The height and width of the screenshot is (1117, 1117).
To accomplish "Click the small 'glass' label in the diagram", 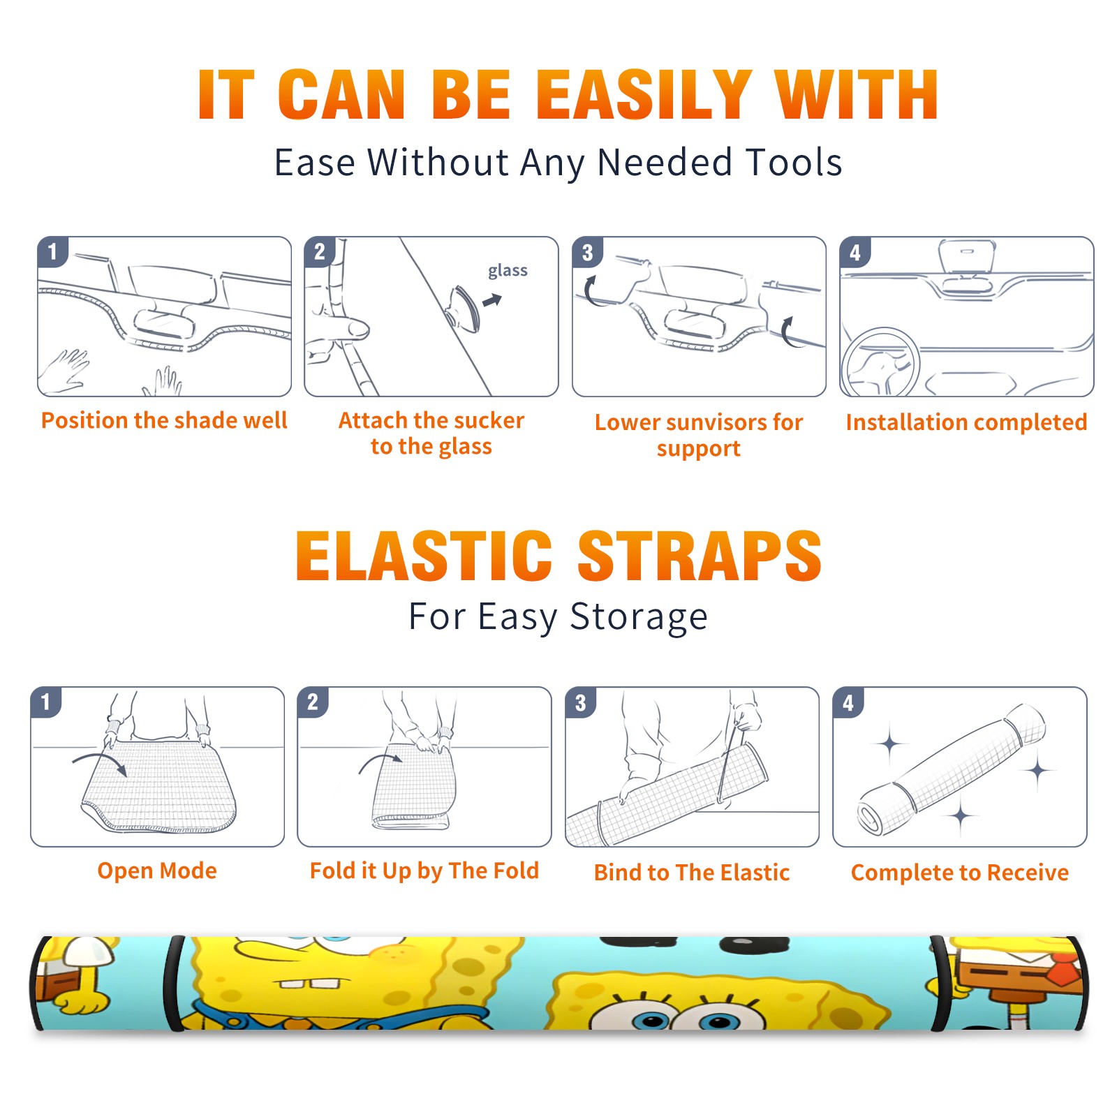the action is click(508, 271).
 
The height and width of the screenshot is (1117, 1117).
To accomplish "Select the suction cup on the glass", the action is click(463, 308).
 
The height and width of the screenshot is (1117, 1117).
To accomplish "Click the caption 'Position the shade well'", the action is click(164, 420).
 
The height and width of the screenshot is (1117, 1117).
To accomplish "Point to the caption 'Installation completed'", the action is click(966, 422).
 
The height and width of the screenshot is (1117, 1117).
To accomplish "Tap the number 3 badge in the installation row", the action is click(587, 252).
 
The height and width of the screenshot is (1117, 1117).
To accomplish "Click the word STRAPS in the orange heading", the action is click(700, 556).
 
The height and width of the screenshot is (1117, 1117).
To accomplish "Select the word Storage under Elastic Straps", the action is click(639, 617).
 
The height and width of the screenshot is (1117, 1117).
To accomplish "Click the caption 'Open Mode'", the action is click(157, 871).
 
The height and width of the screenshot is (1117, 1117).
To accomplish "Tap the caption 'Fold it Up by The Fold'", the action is click(424, 871).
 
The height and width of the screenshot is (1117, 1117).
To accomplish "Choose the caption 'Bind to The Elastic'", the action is click(692, 873).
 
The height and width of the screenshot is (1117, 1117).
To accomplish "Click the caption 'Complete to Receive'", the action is click(960, 873).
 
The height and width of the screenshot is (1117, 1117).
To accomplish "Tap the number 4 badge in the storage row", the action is click(848, 702).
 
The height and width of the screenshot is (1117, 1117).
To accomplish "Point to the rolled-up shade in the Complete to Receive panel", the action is click(951, 769).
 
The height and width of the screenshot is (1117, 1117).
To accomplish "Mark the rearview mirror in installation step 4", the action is click(966, 258).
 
